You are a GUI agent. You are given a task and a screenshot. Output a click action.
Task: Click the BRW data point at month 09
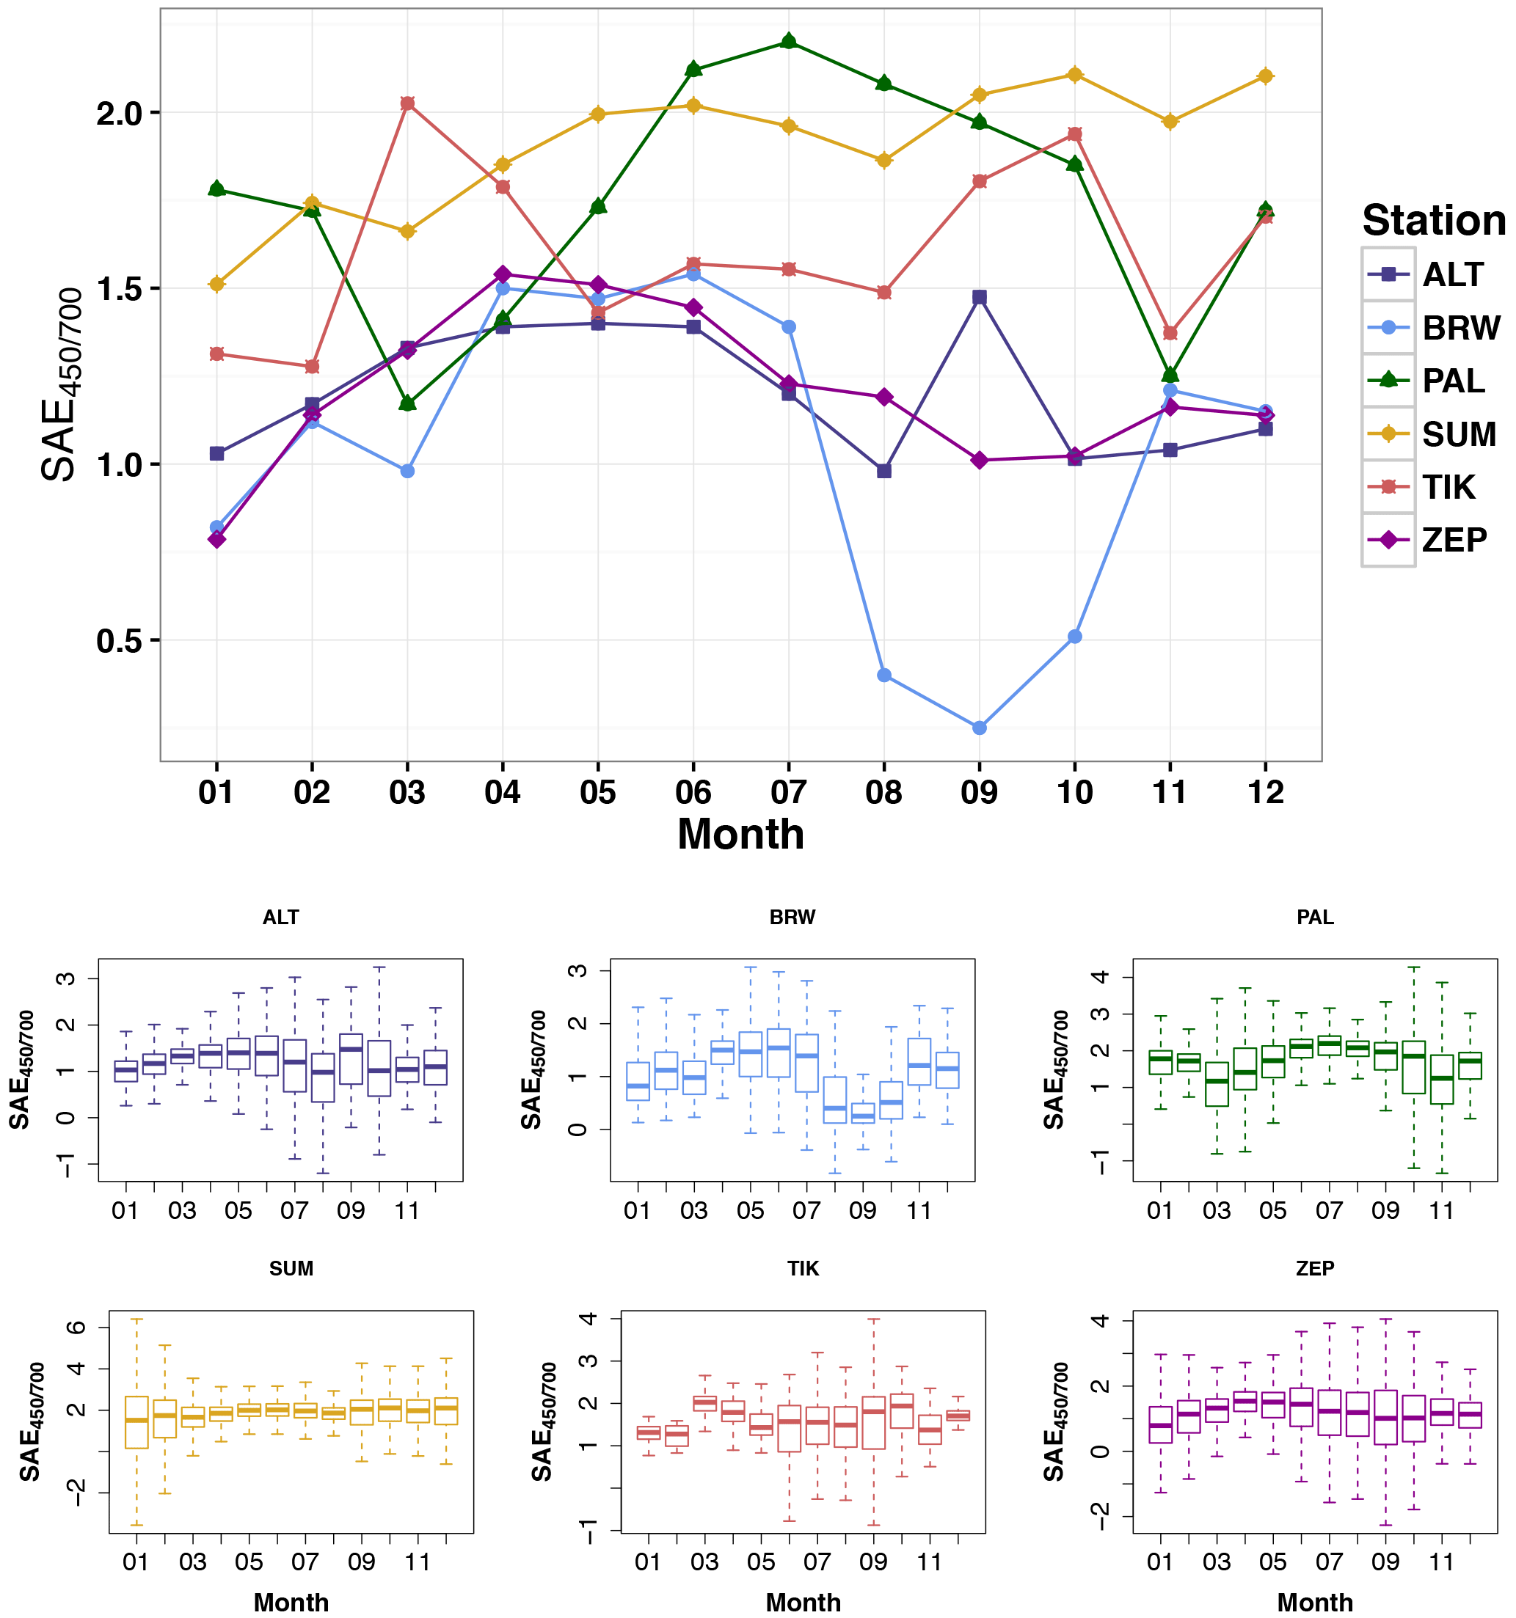980,728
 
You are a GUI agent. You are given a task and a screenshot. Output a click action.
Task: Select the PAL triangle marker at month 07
788,42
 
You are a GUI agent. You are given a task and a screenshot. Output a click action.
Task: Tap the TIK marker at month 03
407,103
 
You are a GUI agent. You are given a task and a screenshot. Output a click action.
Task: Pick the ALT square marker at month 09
980,297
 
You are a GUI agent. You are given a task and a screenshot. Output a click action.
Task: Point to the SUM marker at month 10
1075,75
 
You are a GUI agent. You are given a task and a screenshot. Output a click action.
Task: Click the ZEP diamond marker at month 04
503,274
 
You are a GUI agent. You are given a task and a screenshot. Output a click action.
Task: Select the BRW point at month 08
884,676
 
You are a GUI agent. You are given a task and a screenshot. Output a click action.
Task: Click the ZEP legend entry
1434,541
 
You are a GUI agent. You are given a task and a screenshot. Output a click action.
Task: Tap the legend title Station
1434,221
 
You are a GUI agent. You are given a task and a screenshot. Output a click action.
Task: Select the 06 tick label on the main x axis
693,792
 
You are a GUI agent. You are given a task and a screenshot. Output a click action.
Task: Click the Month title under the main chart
740,834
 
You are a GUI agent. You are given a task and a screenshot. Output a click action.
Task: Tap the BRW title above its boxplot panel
792,918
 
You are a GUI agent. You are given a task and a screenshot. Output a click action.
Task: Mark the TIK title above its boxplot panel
803,1269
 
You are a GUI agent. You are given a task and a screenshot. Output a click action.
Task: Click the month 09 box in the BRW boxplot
863,1113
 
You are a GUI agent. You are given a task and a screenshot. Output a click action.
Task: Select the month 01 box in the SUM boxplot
136,1422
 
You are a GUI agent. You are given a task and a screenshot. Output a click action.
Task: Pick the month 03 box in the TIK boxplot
704,1403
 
